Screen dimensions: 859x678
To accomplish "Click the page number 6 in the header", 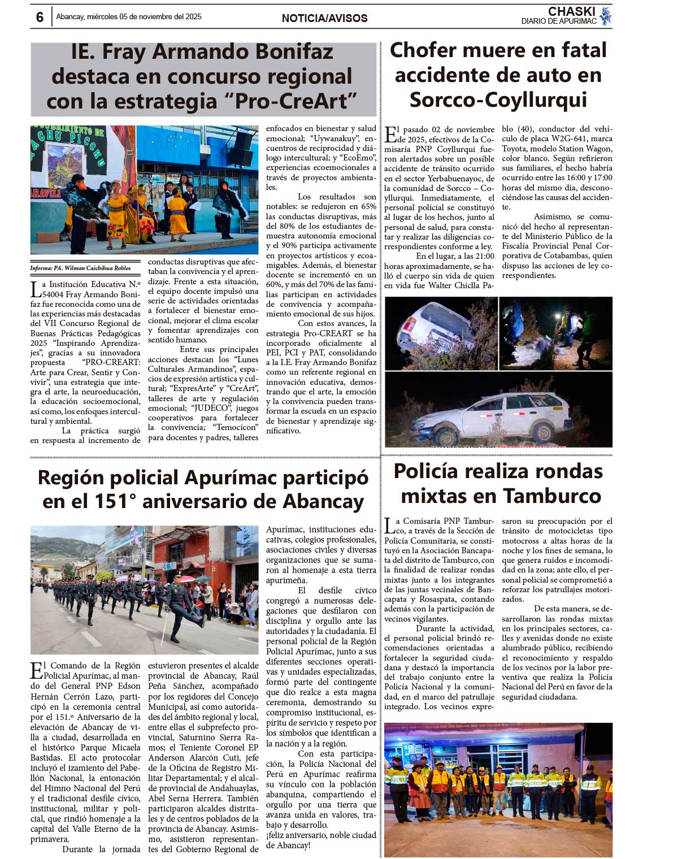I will tap(40, 17).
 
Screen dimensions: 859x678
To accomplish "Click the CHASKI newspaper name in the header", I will tap(571, 11).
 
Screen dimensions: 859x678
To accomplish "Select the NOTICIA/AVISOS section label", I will tap(324, 18).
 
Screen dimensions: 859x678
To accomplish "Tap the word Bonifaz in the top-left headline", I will tap(294, 52).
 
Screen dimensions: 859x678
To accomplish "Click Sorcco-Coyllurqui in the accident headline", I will tap(498, 100).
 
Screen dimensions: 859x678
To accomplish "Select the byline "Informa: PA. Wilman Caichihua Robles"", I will tap(80, 268).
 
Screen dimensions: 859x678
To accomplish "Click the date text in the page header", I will tap(128, 17).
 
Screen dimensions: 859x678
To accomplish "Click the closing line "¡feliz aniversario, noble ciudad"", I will tap(320, 835).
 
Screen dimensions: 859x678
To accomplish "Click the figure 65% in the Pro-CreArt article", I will tap(368, 206).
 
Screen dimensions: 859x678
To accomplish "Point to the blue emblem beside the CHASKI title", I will tap(606, 16).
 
